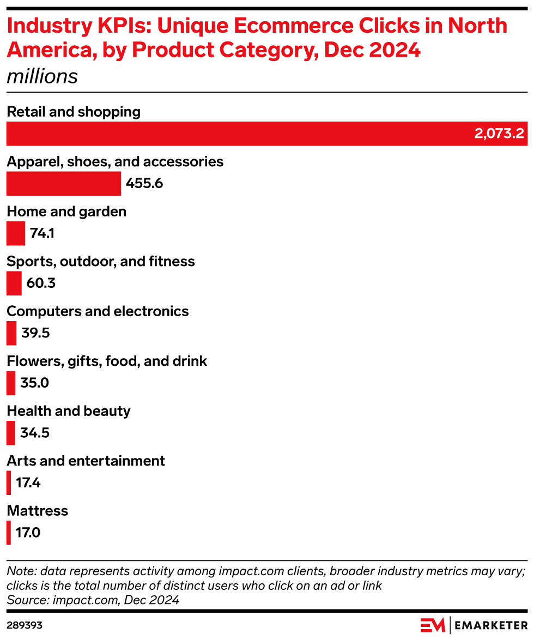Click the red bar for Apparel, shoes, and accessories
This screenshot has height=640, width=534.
tap(63, 184)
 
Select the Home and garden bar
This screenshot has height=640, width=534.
tap(15, 233)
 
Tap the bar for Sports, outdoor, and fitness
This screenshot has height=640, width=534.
tap(14, 283)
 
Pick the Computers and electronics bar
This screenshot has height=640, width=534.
tap(11, 333)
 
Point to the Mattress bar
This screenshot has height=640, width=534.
tap(9, 533)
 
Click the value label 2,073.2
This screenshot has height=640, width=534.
tap(499, 134)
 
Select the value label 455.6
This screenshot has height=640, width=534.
tap(144, 184)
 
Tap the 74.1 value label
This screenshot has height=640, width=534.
tap(43, 234)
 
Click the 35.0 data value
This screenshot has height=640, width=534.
tap(35, 383)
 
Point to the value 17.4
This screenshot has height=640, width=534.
tap(28, 483)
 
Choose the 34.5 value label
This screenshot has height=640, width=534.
tap(35, 433)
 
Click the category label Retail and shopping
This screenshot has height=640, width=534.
tap(74, 112)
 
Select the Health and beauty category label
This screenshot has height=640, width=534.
tap(69, 411)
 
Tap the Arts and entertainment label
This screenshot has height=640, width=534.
tap(86, 461)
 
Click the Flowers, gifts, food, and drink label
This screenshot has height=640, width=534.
tap(107, 361)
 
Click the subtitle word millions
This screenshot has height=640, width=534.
tap(42, 76)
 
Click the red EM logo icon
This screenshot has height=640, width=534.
tap(433, 625)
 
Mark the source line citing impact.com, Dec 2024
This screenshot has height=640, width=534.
tap(93, 600)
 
